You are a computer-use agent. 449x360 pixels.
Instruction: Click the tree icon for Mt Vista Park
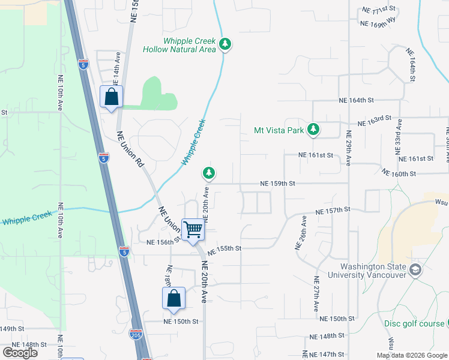tap(313, 129)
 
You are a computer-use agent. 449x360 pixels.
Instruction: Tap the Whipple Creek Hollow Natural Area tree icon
tap(225, 44)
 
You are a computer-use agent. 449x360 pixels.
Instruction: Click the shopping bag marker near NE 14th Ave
tap(112, 97)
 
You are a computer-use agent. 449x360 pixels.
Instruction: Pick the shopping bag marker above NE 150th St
tap(173, 298)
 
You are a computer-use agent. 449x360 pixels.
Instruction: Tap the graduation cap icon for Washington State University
tap(415, 271)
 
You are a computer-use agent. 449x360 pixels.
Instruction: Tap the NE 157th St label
tap(333, 211)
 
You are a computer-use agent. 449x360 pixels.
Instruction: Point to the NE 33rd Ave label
tap(399, 139)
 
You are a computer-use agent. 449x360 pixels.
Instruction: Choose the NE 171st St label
tap(381, 10)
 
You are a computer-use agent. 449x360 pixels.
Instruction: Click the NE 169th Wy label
tap(379, 24)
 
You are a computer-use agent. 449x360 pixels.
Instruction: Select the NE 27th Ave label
tap(316, 294)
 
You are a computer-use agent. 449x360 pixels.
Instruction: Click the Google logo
tap(20, 353)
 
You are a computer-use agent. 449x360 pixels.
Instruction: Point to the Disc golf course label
tap(414, 323)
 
